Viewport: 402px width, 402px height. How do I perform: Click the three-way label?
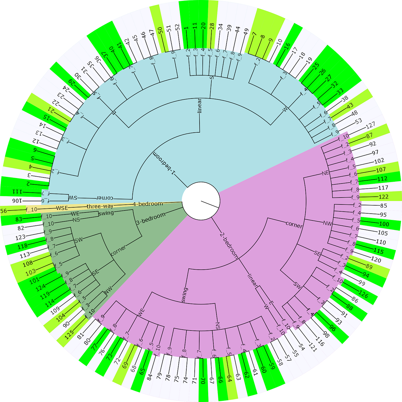(x=98, y=206)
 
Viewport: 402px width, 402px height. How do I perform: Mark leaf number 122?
(x=384, y=197)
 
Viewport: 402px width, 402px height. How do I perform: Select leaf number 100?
(x=384, y=224)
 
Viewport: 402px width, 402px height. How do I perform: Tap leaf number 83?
(x=19, y=219)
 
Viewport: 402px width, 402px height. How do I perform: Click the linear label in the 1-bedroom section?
(x=200, y=106)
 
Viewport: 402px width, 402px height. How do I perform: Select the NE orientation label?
(x=325, y=173)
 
